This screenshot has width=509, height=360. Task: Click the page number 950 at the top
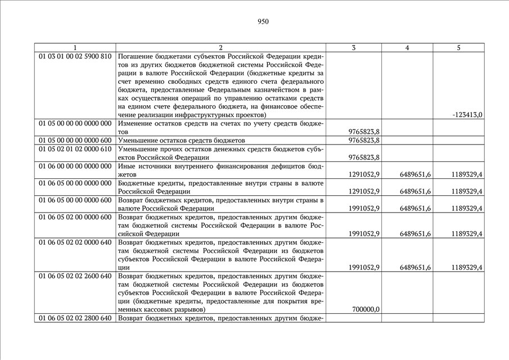263,22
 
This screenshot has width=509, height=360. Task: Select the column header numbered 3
353,48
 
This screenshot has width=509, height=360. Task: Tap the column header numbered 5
459,48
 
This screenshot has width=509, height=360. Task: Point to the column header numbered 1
75,48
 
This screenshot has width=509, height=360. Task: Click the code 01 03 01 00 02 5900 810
75,57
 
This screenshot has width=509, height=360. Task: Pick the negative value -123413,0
467,115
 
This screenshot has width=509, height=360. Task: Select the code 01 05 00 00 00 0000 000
75,123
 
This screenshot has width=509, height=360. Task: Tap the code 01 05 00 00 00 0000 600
75,140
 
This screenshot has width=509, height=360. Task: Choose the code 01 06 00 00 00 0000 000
75,166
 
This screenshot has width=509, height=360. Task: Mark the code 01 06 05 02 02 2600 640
75,276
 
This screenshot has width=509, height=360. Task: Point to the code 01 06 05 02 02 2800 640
75,318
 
